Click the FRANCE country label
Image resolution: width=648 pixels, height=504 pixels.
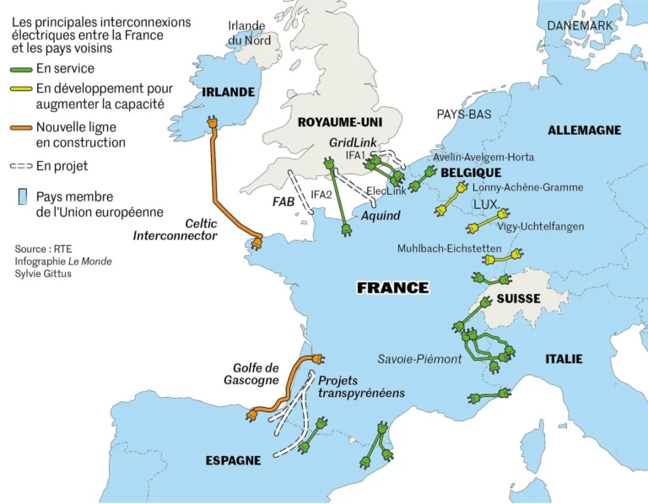tap(392, 287)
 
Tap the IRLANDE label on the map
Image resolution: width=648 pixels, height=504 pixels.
tap(223, 92)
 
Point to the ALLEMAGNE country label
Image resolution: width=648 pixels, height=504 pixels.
tap(584, 130)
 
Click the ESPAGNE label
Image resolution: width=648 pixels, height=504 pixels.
tap(233, 460)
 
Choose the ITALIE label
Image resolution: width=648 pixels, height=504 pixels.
tap(564, 359)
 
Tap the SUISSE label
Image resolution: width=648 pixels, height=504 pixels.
tap(518, 299)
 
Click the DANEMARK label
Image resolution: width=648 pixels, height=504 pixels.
tap(580, 26)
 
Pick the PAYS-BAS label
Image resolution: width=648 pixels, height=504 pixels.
tap(463, 114)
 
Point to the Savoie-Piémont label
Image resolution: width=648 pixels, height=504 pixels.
tap(419, 359)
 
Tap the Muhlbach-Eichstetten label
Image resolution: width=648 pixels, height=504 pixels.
tap(449, 249)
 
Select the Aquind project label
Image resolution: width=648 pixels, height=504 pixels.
tap(380, 217)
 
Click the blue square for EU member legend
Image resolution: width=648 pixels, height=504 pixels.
tap(23, 197)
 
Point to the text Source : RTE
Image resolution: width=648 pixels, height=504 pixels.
tap(43, 249)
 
